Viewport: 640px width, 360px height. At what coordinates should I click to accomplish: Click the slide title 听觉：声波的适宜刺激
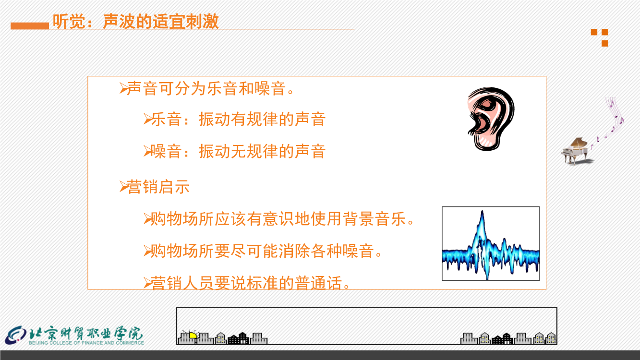click(136, 22)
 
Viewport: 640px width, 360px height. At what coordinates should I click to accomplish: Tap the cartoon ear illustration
click(491, 119)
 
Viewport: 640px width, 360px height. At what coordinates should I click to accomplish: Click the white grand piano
click(576, 151)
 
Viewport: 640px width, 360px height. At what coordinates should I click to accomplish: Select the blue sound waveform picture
click(491, 243)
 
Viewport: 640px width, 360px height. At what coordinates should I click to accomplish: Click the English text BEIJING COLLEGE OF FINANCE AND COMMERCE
click(86, 343)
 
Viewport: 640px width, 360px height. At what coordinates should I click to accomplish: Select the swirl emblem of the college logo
click(15, 335)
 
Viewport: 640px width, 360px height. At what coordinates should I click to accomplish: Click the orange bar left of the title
click(30, 26)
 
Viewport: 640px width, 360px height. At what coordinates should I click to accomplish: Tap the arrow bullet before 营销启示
click(123, 187)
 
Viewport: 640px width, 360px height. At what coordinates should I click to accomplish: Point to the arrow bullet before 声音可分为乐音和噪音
click(123, 88)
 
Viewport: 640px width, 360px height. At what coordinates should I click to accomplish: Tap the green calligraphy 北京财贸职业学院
click(86, 333)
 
